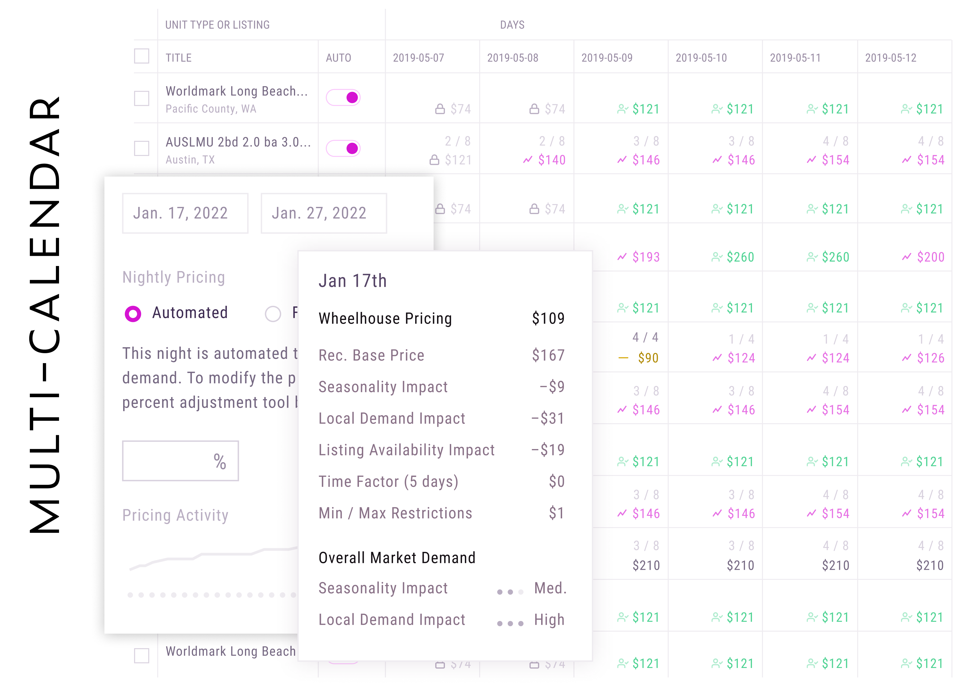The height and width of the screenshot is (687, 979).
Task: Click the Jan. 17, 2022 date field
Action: point(185,213)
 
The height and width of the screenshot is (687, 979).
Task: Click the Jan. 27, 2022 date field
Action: point(323,213)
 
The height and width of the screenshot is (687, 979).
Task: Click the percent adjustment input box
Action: point(180,461)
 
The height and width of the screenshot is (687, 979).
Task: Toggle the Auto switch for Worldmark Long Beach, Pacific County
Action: point(344,98)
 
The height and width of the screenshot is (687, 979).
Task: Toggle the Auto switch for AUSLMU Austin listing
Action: point(344,148)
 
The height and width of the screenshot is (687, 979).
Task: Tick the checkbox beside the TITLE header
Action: point(142,56)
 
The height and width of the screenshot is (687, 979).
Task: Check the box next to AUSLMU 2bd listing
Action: point(142,148)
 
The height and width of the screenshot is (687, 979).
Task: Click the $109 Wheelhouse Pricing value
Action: point(548,319)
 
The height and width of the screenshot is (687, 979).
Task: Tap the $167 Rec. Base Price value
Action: point(548,355)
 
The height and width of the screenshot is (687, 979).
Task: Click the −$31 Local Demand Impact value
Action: point(548,418)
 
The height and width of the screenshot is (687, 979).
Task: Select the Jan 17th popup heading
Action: point(353,281)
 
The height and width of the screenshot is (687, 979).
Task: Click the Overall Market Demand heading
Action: point(397,558)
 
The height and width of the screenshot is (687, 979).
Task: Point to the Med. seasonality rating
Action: point(550,588)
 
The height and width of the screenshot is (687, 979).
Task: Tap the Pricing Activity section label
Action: point(175,515)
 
